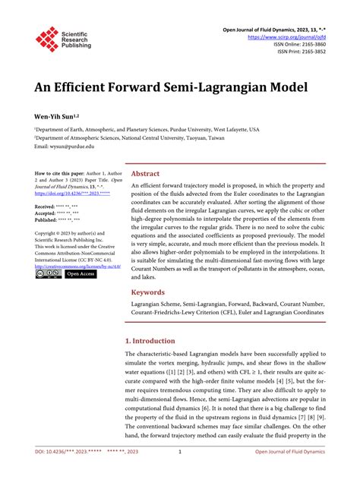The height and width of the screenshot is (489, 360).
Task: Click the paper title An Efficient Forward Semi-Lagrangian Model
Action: pyautogui.click(x=159, y=87)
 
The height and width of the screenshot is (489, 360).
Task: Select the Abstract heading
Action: pyautogui.click(x=146, y=173)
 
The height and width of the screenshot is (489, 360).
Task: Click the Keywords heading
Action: pyautogui.click(x=149, y=292)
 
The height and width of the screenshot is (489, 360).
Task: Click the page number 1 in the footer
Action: pyautogui.click(x=179, y=473)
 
